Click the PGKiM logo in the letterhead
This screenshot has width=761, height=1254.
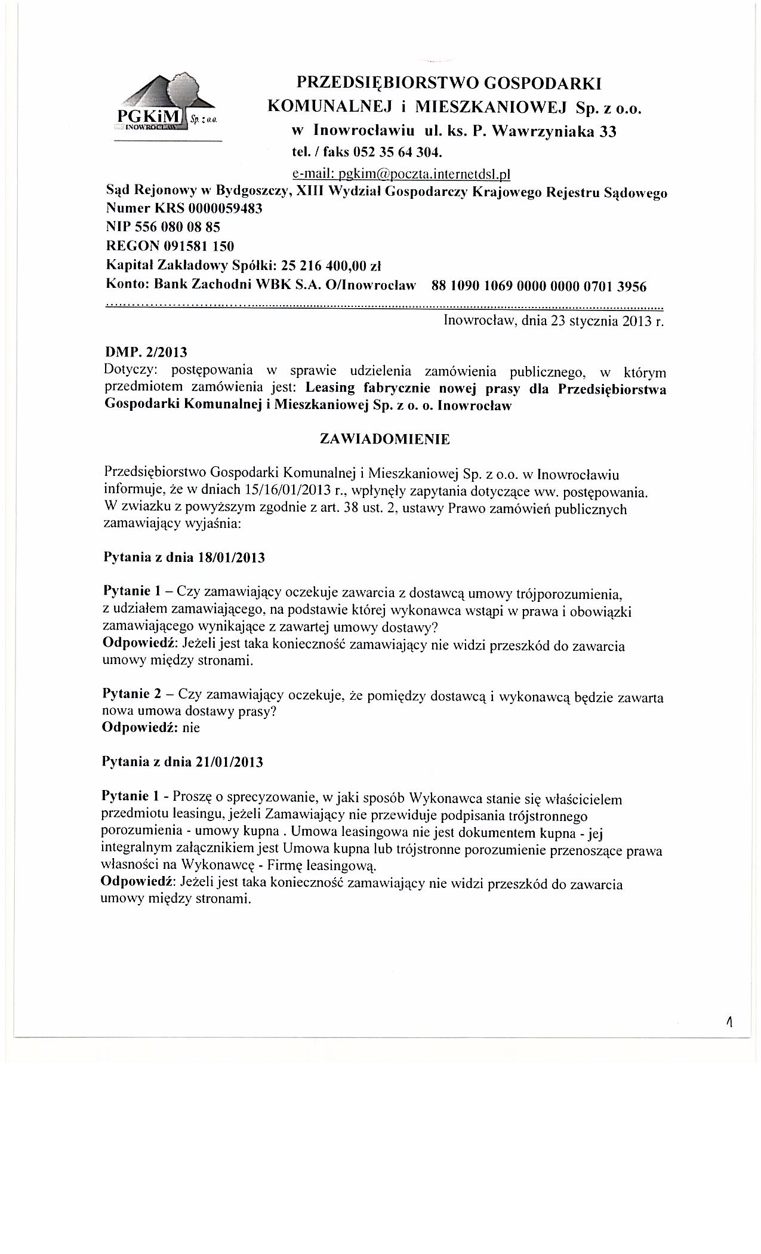[167, 105]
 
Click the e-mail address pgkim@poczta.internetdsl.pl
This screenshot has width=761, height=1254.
[402, 174]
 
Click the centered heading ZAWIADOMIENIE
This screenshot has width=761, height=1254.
[385, 439]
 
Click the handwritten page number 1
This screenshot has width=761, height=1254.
[729, 1023]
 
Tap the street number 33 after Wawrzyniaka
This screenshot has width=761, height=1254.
[607, 131]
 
